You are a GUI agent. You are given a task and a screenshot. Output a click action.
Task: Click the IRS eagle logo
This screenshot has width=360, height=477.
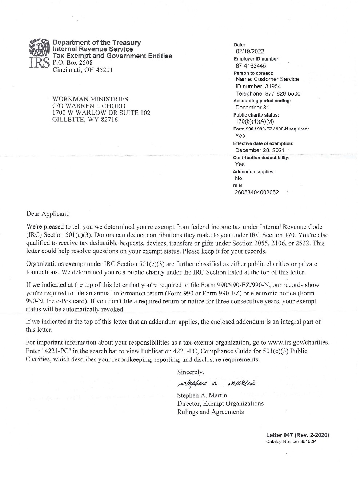coord(39,47)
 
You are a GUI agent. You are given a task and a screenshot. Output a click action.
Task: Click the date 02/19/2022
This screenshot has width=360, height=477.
coord(250,52)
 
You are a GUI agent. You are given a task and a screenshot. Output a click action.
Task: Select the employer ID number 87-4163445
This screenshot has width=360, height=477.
coord(251,66)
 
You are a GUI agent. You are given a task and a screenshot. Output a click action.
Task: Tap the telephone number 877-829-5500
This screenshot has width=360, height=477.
coord(280,93)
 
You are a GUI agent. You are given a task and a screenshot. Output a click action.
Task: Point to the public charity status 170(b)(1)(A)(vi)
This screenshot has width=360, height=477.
coord(255,122)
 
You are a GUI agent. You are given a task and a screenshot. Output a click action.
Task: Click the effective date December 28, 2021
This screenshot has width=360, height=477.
coord(260,150)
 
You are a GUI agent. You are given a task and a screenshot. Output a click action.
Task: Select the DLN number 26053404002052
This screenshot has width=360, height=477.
coord(257,193)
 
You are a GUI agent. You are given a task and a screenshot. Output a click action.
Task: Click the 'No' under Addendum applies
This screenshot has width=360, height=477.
coord(239,178)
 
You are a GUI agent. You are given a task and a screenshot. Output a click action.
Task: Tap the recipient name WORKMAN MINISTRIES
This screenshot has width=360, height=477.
coord(91,99)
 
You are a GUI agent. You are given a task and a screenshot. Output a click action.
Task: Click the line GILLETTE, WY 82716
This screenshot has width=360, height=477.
coord(85,120)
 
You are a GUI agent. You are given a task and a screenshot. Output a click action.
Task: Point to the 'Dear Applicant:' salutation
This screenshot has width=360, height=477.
coord(47,214)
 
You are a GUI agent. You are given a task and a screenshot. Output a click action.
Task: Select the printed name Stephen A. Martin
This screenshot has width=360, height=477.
coord(202,395)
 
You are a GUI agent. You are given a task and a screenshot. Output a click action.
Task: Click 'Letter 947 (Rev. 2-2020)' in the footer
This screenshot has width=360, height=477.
coord(297,435)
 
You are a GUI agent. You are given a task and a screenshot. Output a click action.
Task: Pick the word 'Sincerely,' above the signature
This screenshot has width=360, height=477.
coord(191,372)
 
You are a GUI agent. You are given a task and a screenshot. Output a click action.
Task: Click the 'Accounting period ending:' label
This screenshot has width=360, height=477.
coord(262,101)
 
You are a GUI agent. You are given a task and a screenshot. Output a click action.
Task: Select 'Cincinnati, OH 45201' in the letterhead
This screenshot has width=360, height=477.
coord(83,70)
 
